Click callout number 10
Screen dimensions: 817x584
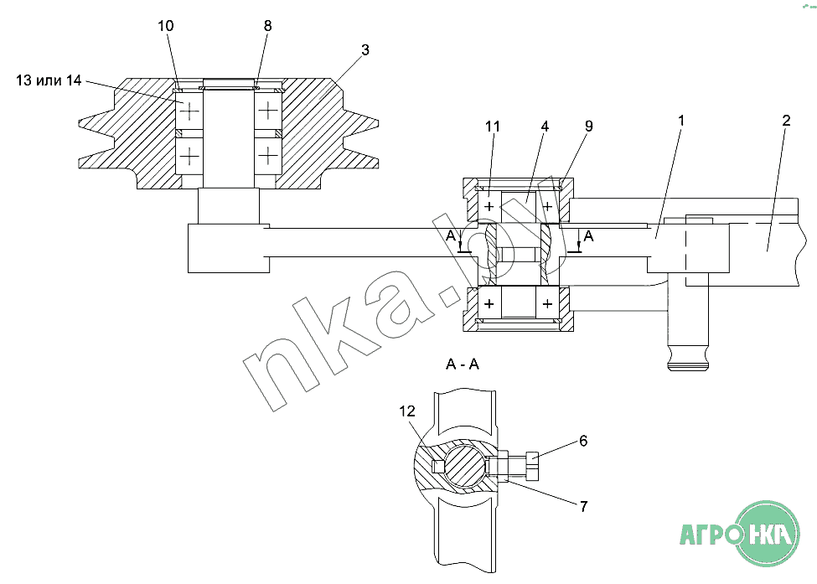pyautogui.click(x=166, y=25)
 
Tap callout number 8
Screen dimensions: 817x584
pyautogui.click(x=268, y=25)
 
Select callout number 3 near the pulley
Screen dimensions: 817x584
pyautogui.click(x=365, y=49)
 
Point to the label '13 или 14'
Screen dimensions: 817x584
pyautogui.click(x=49, y=80)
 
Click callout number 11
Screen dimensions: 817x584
pyautogui.click(x=493, y=126)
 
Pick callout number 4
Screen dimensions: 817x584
pyautogui.click(x=545, y=126)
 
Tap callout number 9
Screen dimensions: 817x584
pyautogui.click(x=589, y=126)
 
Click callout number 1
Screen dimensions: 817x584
pyautogui.click(x=681, y=121)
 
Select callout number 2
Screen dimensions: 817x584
pyautogui.click(x=786, y=121)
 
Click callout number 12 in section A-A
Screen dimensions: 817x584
pyautogui.click(x=407, y=411)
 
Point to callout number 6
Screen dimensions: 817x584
pyautogui.click(x=583, y=441)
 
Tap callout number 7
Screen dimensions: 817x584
pyautogui.click(x=583, y=506)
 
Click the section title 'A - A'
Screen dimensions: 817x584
pyautogui.click(x=463, y=364)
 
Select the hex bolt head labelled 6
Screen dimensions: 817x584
pyautogui.click(x=531, y=466)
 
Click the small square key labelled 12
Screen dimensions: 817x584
pyautogui.click(x=438, y=465)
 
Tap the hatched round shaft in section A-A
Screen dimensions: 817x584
pyautogui.click(x=464, y=465)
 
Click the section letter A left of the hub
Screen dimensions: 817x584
pyautogui.click(x=451, y=236)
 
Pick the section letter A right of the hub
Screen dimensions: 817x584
pyautogui.click(x=589, y=236)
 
